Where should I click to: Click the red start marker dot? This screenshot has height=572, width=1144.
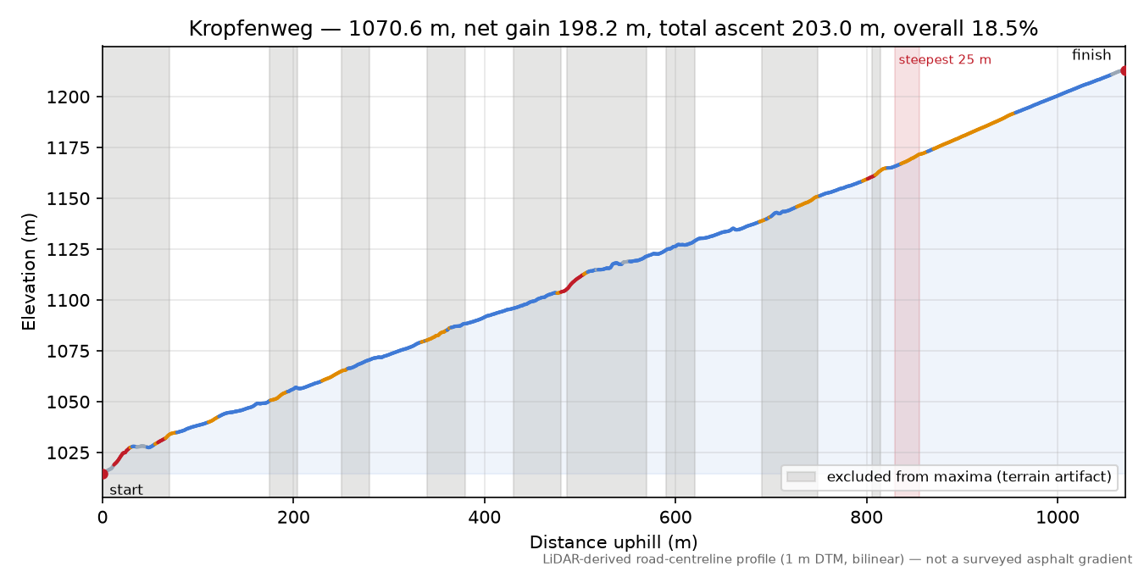(103, 474)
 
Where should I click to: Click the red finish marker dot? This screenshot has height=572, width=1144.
(1124, 70)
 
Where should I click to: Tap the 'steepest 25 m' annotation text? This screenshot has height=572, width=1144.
(945, 60)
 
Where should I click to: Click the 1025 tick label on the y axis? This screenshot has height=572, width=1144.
(68, 453)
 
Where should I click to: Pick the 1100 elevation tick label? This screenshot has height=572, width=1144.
(68, 300)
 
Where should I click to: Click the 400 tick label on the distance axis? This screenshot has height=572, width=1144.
(484, 518)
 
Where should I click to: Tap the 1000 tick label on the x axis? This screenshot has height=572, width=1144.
(1058, 518)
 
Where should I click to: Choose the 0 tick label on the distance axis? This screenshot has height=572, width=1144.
(103, 518)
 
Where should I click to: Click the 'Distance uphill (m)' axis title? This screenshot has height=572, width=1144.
(614, 541)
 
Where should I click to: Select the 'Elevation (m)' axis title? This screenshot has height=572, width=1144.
(29, 272)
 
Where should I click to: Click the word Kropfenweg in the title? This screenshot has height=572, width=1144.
(250, 29)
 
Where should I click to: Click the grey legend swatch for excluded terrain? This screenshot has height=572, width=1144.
(801, 477)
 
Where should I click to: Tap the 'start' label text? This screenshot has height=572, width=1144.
(126, 490)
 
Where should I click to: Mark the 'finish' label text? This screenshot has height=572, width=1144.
(1091, 54)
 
